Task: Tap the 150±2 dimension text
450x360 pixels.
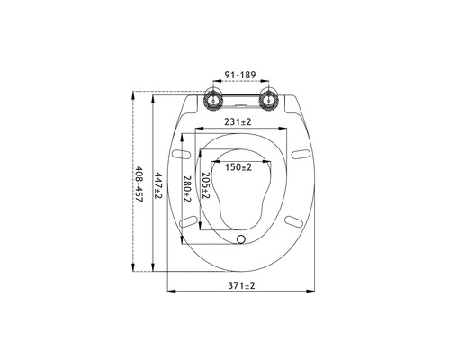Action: click(238, 166)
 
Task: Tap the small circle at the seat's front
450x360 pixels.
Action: click(240, 238)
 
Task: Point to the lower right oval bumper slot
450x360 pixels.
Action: click(294, 219)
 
